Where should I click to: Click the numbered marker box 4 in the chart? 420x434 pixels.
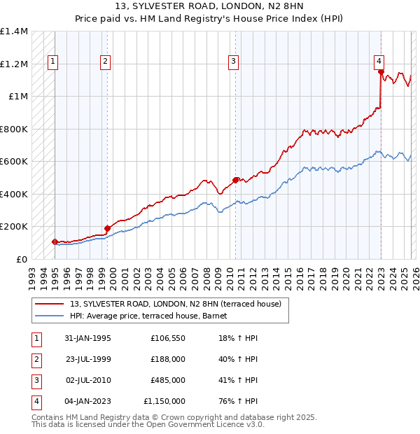click(x=378, y=60)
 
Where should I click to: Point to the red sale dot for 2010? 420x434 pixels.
click(x=235, y=180)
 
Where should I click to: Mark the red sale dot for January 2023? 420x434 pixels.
click(x=380, y=71)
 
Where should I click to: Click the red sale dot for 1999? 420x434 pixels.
click(x=108, y=228)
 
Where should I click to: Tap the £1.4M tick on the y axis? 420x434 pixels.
click(x=14, y=31)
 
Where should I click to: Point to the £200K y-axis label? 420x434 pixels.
click(x=14, y=227)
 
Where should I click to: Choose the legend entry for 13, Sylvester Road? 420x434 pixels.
click(x=175, y=304)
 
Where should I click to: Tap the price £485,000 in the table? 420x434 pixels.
click(x=168, y=380)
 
